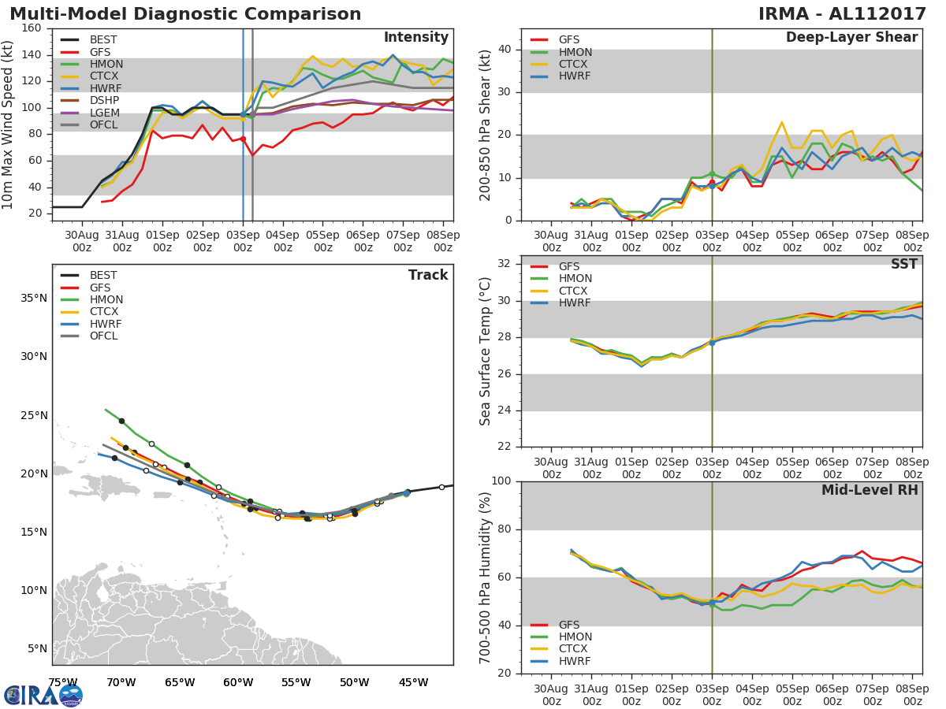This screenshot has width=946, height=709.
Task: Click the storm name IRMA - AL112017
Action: pos(842,13)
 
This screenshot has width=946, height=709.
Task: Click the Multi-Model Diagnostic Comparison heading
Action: pos(185,13)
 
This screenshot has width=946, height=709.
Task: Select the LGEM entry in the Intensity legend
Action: pos(90,113)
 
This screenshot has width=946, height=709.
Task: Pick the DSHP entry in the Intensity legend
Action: pos(90,100)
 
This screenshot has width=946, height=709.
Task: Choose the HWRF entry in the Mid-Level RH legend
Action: pos(561,661)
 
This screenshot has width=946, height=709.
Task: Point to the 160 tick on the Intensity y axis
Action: pos(32,28)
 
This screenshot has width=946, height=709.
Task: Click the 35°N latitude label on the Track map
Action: pos(34,298)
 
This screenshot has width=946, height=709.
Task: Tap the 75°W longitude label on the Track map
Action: pos(63,682)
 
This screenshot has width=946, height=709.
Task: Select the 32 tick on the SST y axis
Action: pos(505,263)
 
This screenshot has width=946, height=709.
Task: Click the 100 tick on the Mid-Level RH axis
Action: pos(501,481)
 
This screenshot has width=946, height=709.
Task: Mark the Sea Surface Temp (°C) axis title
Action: pos(485,351)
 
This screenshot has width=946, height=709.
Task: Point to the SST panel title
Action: pos(904,264)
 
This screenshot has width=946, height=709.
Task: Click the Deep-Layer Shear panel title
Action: pos(851,37)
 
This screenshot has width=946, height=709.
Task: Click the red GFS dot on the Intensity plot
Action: pos(243,139)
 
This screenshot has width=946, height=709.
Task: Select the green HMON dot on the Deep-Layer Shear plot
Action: pos(712,174)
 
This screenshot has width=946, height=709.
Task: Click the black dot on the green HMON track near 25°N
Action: pos(121,421)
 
